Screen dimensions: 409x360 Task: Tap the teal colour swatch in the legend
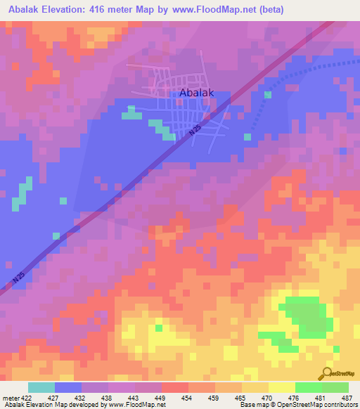pos(41,387)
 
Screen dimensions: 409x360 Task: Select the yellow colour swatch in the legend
pos(281,387)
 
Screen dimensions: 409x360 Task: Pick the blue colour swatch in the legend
pos(67,387)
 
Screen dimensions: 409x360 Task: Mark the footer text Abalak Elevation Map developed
pos(49,405)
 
